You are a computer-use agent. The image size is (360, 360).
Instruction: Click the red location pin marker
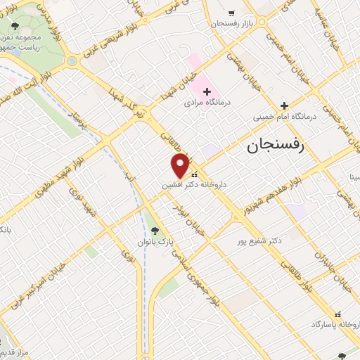[x=181, y=165]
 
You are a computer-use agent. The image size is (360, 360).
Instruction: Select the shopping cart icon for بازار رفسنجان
[x=231, y=13]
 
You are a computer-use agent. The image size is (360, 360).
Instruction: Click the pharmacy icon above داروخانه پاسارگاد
[x=338, y=314]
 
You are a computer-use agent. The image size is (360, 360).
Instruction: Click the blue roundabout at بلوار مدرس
[x=72, y=61]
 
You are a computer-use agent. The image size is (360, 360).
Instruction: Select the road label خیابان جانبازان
[x=321, y=257]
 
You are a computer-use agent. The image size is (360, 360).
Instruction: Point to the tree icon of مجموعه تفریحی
[x=15, y=27]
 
